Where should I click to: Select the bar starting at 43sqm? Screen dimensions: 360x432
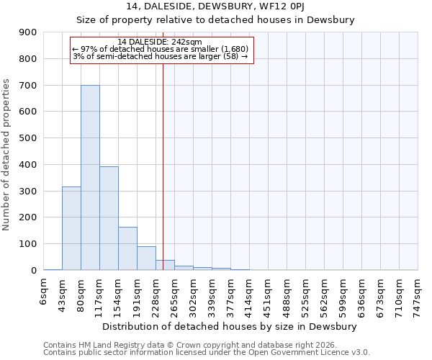(x=71, y=228)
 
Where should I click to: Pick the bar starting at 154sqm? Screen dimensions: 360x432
(x=127, y=248)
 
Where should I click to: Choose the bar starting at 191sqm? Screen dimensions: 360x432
(x=146, y=258)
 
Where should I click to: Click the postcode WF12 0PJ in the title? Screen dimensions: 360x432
(x=298, y=6)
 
